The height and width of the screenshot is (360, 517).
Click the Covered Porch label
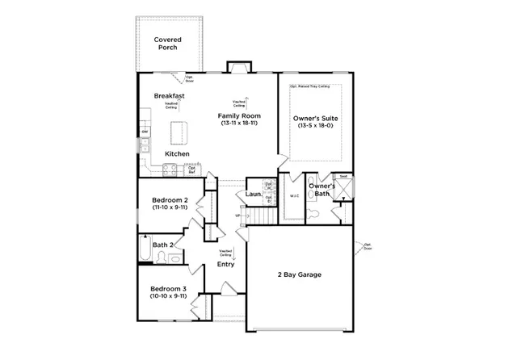(x=167, y=44)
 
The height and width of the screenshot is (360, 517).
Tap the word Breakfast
(x=170, y=96)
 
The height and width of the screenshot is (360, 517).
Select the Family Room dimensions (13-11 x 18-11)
(x=238, y=124)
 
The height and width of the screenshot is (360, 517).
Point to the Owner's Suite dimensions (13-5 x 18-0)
(x=315, y=126)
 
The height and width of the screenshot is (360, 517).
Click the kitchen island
(x=179, y=132)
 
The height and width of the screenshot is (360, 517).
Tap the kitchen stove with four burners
(x=170, y=169)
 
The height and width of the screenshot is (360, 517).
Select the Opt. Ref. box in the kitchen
(x=192, y=170)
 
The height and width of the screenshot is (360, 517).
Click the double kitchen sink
(x=145, y=145)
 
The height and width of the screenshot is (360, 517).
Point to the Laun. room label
(x=252, y=195)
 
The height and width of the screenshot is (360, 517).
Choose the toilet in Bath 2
(x=162, y=257)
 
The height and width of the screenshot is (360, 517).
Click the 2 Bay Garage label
(x=299, y=275)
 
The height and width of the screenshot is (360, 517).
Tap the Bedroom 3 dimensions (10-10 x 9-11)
(x=169, y=296)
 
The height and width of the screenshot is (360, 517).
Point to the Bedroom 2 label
(x=170, y=199)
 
